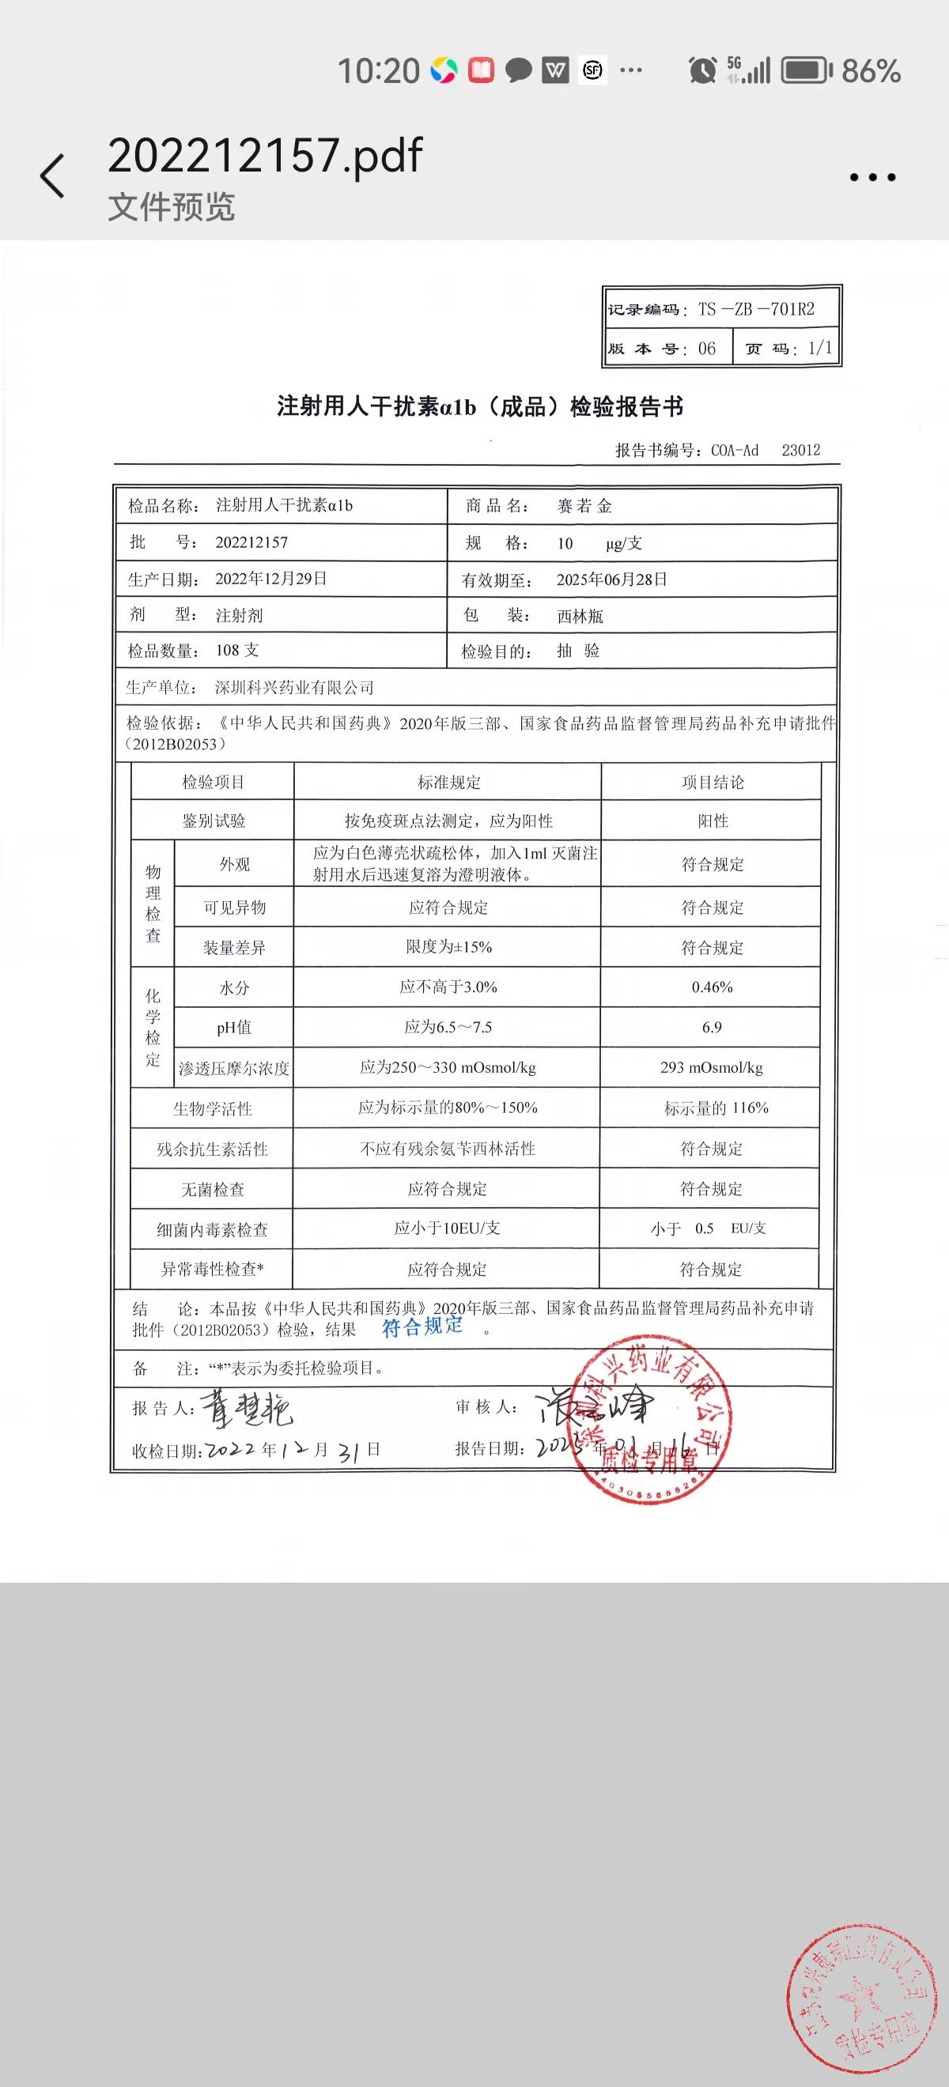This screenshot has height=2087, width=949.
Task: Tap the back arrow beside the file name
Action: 53,175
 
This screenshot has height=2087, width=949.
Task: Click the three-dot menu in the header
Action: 872,177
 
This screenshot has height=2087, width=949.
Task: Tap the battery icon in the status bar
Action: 806,70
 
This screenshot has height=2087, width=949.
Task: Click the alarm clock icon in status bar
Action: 701,70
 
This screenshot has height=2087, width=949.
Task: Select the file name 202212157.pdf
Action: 265,155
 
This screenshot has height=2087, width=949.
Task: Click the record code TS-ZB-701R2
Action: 755,309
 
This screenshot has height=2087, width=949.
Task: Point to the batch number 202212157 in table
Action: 251,542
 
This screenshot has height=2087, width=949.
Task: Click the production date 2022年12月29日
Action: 270,579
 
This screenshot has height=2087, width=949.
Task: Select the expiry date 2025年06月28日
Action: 612,579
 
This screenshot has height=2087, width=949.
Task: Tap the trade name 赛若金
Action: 584,507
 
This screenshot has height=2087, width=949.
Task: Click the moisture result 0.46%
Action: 712,987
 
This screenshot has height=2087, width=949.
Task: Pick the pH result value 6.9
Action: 712,1028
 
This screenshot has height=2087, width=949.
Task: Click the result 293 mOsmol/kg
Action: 712,1067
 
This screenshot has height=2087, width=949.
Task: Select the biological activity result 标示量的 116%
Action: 716,1108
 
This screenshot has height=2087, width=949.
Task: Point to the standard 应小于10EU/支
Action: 447,1228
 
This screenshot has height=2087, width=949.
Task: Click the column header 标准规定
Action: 448,782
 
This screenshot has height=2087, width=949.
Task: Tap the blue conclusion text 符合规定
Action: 422,1327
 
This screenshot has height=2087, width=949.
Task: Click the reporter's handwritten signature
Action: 247,1410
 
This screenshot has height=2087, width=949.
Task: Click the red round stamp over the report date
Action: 650,1417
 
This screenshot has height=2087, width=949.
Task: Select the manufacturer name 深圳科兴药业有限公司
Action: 294,688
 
